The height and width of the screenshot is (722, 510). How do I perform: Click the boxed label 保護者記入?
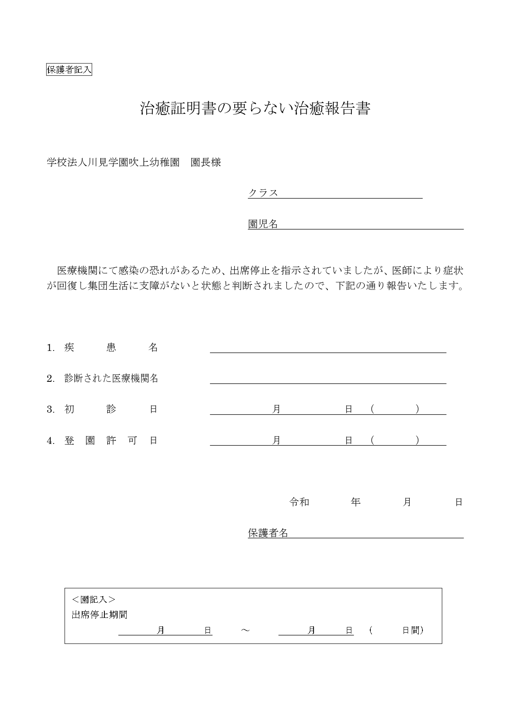(x=69, y=70)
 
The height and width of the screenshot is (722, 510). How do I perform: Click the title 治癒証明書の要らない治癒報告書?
(x=255, y=109)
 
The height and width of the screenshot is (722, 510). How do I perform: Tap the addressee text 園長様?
(x=206, y=163)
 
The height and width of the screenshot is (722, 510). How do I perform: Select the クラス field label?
(x=263, y=193)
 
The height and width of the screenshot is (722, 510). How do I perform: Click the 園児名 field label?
(x=263, y=224)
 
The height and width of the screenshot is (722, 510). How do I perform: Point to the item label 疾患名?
(x=111, y=348)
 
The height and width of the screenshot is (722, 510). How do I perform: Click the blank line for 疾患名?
(x=328, y=348)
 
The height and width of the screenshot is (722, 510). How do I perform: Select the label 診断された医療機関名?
(x=111, y=378)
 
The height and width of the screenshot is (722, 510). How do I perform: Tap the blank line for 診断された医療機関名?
(x=328, y=378)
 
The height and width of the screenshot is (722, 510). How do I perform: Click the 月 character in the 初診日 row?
(x=277, y=409)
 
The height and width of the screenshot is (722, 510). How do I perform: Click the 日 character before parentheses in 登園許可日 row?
(x=348, y=441)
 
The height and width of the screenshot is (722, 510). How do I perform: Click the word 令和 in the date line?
(x=299, y=502)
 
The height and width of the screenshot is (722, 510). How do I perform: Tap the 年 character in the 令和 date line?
(x=355, y=502)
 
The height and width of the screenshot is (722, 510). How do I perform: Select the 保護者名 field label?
(x=268, y=533)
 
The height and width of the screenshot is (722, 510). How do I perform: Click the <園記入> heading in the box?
(x=93, y=599)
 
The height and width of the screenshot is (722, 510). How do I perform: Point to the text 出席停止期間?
(x=99, y=615)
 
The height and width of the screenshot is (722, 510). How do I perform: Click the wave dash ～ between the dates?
(x=245, y=630)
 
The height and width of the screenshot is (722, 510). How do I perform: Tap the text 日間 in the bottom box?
(x=412, y=630)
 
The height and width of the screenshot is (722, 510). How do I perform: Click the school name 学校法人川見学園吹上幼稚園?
(x=113, y=163)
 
